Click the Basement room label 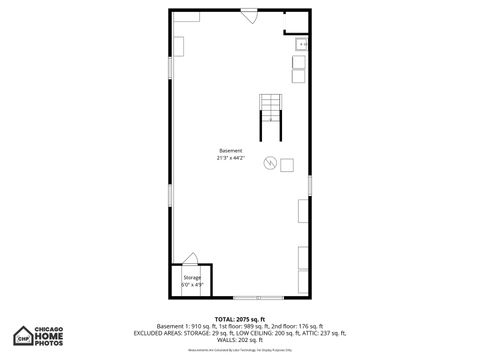pyautogui.click(x=231, y=150)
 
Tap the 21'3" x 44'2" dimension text pyautogui.click(x=231, y=157)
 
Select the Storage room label pyautogui.click(x=191, y=277)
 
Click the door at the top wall pyautogui.click(x=250, y=17)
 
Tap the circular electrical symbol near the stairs pyautogui.click(x=269, y=163)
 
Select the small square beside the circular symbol pyautogui.click(x=286, y=164)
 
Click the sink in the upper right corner pyautogui.click(x=300, y=45)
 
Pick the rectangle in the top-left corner pyautogui.click(x=185, y=17)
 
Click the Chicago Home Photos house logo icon pyautogui.click(x=21, y=335)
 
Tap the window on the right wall pyautogui.click(x=310, y=186)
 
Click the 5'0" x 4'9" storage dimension pyautogui.click(x=191, y=284)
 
